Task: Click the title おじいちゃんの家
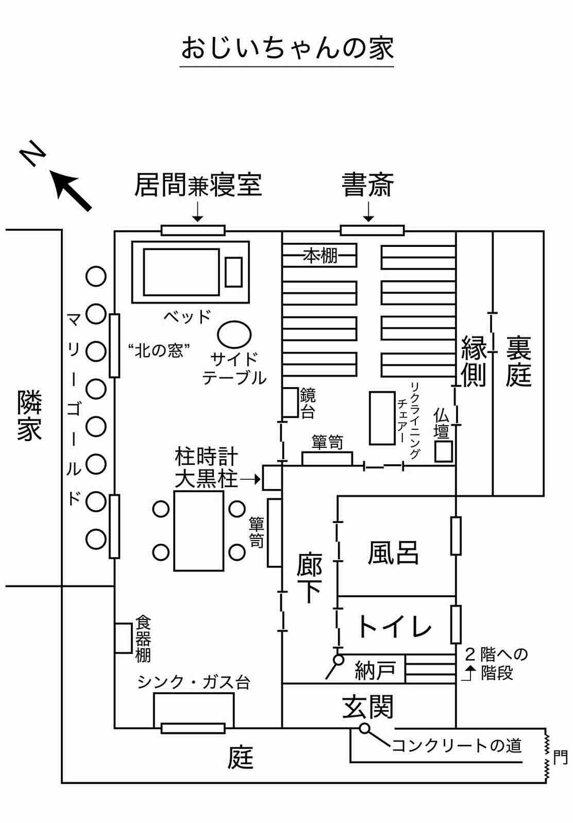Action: [x=286, y=48]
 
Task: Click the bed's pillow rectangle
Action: [x=233, y=272]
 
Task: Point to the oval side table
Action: [x=234, y=334]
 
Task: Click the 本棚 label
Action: [x=320, y=255]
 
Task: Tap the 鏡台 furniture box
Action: [x=291, y=402]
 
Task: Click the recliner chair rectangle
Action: [x=382, y=418]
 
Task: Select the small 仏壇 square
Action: [x=443, y=451]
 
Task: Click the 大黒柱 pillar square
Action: [x=272, y=478]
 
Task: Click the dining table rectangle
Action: [x=198, y=531]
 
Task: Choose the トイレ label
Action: [x=394, y=627]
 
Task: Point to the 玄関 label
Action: [x=368, y=706]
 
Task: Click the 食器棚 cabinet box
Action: [x=123, y=638]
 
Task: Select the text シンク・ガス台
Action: [x=193, y=682]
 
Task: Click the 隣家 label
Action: [x=29, y=415]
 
